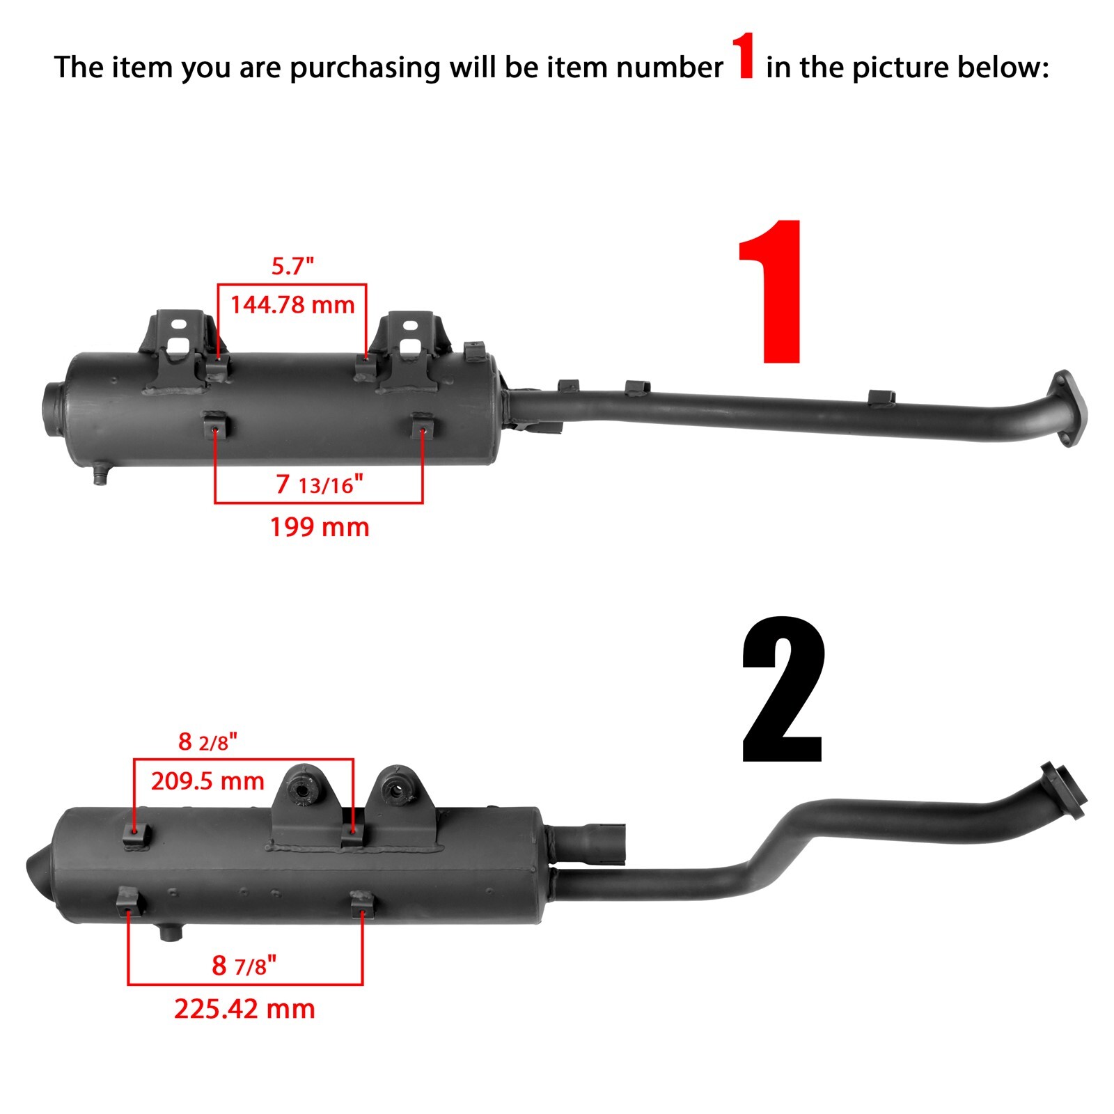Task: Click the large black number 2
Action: (x=783, y=691)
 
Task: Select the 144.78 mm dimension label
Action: (x=292, y=305)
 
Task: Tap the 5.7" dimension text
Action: (x=292, y=266)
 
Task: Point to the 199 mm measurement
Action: (x=320, y=527)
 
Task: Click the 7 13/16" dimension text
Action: (x=320, y=484)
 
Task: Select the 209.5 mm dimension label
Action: (x=207, y=781)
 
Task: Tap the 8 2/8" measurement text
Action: (x=207, y=742)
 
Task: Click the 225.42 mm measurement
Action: (x=244, y=1009)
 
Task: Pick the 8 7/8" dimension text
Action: (x=244, y=966)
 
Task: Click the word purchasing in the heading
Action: (x=365, y=68)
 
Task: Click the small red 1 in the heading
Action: (x=744, y=57)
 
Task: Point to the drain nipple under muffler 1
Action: (x=101, y=476)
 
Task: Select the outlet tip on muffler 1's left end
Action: (x=52, y=402)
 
